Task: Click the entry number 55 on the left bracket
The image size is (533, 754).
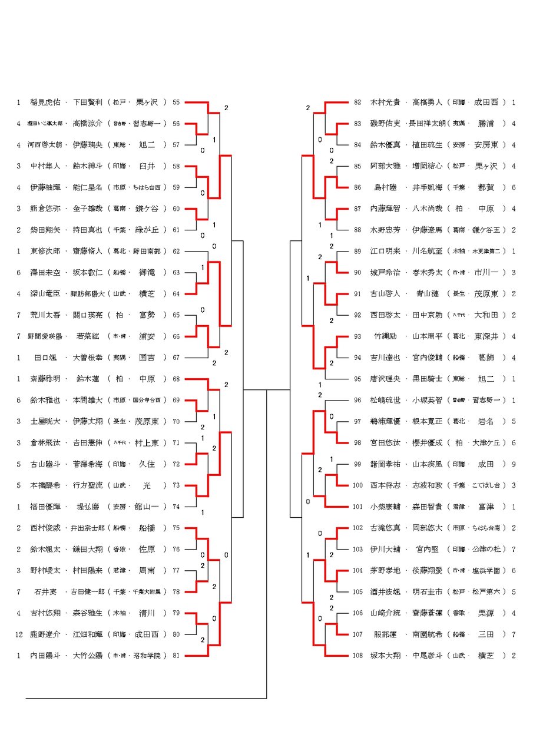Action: pyautogui.click(x=176, y=102)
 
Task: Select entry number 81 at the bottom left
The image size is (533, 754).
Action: pyautogui.click(x=176, y=655)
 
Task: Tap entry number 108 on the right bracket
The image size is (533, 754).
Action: pyautogui.click(x=358, y=655)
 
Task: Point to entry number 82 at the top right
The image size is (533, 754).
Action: pyautogui.click(x=357, y=102)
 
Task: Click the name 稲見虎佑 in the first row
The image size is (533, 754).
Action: pyautogui.click(x=45, y=102)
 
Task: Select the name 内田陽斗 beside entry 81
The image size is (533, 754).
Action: pyautogui.click(x=45, y=655)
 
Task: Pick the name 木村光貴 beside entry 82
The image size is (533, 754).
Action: pyautogui.click(x=385, y=102)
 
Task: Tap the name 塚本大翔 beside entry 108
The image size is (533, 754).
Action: pyautogui.click(x=385, y=655)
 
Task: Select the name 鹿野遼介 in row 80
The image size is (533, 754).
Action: pyautogui.click(x=45, y=634)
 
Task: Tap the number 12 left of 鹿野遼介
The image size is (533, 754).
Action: pyautogui.click(x=19, y=634)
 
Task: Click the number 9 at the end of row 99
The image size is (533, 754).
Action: pyautogui.click(x=514, y=464)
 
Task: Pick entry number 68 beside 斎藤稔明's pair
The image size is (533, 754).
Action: pyautogui.click(x=176, y=379)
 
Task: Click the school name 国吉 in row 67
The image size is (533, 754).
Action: pyautogui.click(x=147, y=358)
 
